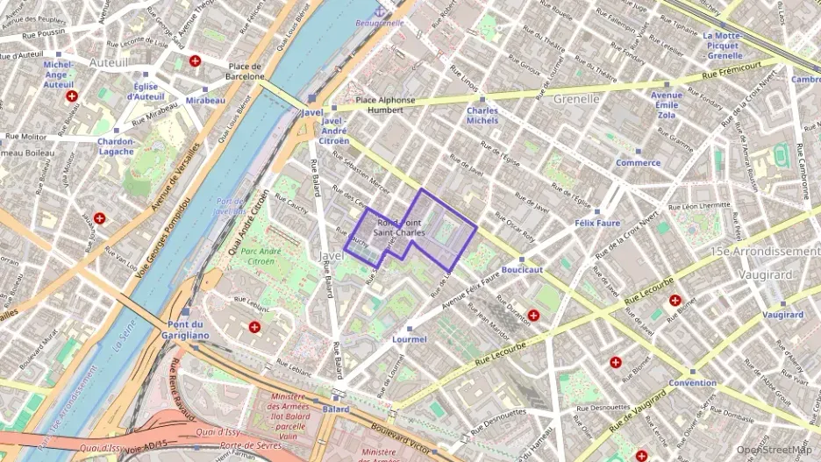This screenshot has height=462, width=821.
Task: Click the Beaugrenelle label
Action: coord(380,23)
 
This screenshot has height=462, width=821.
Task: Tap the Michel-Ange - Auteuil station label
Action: coord(59,75)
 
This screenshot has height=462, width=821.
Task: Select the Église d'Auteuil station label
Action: coord(145,91)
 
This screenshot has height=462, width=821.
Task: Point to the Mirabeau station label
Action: coord(205,101)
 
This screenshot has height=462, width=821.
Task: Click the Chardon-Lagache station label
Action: coord(116,146)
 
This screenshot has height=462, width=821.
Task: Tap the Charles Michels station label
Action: coord(482,116)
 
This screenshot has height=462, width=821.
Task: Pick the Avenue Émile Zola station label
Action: coord(667,105)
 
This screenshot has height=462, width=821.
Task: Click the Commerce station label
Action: coord(638,162)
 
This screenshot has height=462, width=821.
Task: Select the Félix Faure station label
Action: coord(596,223)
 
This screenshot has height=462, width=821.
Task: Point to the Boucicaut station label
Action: coord(522,269)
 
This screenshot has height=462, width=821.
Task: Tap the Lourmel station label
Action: coord(410,338)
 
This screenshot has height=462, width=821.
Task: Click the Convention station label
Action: coord(692,383)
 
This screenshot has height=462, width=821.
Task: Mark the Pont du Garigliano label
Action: coord(188,330)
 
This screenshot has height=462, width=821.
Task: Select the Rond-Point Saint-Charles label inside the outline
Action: coord(399,228)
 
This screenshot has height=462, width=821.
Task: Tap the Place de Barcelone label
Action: coord(246,71)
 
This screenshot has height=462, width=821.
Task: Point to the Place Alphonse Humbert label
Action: coord(385,105)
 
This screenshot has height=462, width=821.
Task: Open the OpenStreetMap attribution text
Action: coord(775,450)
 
